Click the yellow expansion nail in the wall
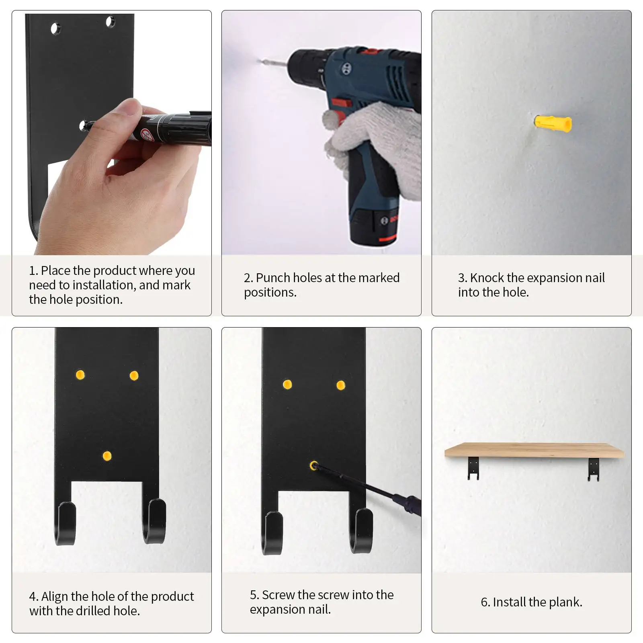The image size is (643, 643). click(x=553, y=123)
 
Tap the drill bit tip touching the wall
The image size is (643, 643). click(x=258, y=61)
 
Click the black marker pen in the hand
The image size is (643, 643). click(x=169, y=128)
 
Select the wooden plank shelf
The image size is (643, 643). click(x=534, y=451)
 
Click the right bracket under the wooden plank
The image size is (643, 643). click(x=594, y=469)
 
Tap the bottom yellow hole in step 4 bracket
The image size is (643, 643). click(x=107, y=456)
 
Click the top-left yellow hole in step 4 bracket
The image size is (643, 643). click(x=80, y=375)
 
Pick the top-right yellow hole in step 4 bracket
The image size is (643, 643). click(x=134, y=376)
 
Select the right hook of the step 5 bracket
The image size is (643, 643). click(x=360, y=530)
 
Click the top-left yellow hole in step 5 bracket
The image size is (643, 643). click(x=287, y=385)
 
